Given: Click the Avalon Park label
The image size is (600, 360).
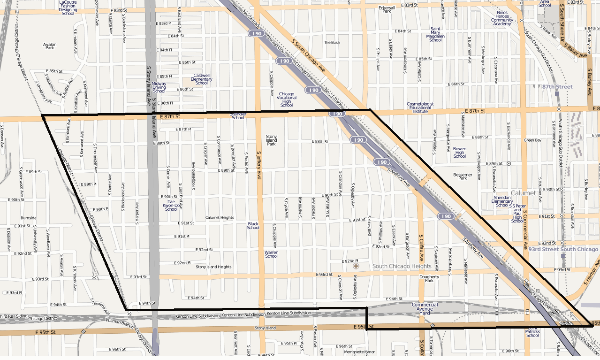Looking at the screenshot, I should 50,46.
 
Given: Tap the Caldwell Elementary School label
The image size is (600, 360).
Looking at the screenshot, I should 201,79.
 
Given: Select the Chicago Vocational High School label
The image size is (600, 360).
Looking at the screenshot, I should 287,100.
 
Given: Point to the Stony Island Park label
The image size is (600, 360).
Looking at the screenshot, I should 271,140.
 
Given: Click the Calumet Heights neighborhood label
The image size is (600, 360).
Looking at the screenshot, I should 220,218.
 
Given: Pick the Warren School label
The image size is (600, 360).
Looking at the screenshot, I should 271,254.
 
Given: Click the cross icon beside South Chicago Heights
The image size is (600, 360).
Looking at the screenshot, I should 356,266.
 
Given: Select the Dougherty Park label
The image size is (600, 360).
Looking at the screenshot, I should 429,279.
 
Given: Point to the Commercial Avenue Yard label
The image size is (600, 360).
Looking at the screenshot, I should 425,307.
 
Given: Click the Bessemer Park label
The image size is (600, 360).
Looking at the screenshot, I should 463,176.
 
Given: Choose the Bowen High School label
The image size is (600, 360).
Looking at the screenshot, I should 460,153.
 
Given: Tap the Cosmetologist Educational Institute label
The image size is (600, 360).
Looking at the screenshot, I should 420,107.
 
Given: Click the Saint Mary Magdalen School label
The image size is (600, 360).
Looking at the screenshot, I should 435,34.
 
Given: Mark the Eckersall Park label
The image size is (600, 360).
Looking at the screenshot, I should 387,9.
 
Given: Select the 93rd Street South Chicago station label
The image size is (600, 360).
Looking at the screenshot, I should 563,249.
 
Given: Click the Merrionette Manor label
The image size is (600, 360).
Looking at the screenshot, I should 359,352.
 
